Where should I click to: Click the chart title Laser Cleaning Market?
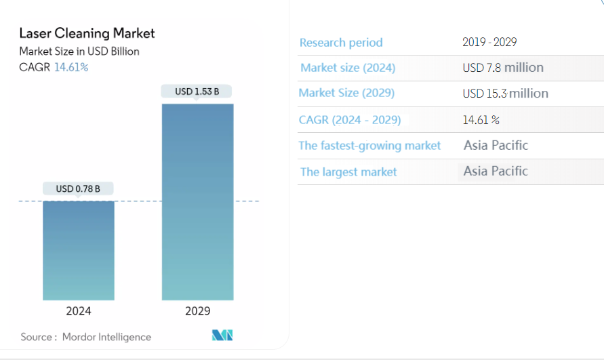click(87, 33)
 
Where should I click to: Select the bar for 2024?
click(79, 250)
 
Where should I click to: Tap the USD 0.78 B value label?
click(78, 188)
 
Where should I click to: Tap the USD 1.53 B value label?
click(197, 91)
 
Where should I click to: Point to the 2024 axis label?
click(79, 311)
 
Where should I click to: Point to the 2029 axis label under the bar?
click(197, 311)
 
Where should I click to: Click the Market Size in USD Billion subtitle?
click(79, 51)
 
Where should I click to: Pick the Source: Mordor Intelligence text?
click(86, 336)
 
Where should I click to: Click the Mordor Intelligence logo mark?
click(222, 335)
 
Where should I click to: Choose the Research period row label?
click(341, 43)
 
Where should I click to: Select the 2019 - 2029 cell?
click(489, 42)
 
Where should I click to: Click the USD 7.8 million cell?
click(503, 67)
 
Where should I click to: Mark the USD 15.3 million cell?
click(506, 94)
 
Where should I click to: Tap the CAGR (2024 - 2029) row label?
click(350, 120)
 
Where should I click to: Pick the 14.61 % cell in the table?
click(481, 120)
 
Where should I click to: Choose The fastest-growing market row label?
click(369, 146)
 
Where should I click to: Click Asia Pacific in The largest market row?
click(496, 171)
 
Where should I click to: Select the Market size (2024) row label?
click(348, 68)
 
